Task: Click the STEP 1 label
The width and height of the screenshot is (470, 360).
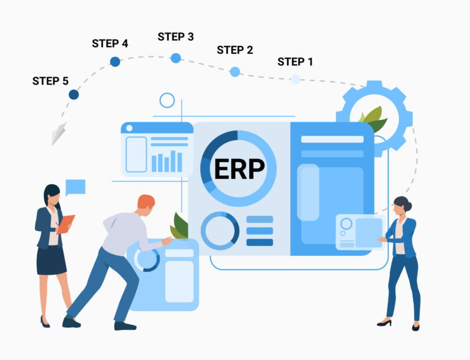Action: tap(295, 62)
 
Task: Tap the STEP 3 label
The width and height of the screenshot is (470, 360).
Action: tap(176, 37)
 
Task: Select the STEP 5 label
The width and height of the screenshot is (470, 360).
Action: tap(50, 81)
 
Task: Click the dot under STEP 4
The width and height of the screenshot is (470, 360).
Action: tap(115, 61)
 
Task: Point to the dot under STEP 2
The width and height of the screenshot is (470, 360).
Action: tap(235, 72)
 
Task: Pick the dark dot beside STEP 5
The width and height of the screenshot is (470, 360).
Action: tap(73, 94)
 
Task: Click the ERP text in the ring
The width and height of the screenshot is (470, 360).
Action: tap(239, 169)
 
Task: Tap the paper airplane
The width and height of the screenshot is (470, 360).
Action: tap(59, 134)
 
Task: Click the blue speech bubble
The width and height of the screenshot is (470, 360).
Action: tap(75, 187)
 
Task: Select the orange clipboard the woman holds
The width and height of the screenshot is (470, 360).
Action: tap(65, 224)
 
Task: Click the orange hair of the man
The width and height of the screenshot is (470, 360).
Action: tap(146, 201)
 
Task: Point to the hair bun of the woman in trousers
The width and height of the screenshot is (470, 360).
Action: tap(408, 206)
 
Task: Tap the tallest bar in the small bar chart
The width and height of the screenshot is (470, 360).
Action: tap(173, 161)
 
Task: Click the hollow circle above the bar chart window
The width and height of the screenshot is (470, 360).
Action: tap(167, 100)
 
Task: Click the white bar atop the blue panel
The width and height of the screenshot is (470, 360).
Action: tap(332, 139)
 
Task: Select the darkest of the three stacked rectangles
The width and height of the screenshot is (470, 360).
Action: tap(259, 242)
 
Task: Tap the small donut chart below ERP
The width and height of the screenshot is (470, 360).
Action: tap(220, 231)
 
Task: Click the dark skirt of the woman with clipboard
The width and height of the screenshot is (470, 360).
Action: tap(51, 260)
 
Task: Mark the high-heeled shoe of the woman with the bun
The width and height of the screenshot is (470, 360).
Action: tap(384, 323)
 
